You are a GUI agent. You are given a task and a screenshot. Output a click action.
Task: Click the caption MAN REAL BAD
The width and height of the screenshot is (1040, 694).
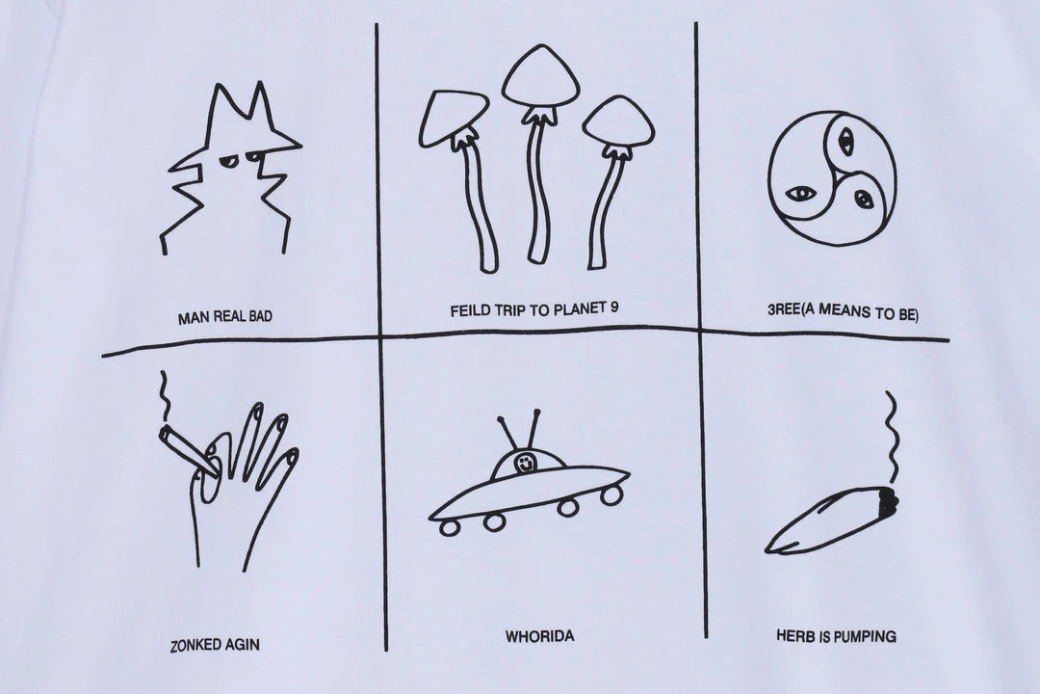click(x=224, y=317)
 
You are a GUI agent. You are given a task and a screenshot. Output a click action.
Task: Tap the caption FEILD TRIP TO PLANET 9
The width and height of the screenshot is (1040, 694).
click(x=533, y=309)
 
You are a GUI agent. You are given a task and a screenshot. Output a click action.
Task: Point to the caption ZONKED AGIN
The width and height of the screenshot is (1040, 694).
click(x=215, y=644)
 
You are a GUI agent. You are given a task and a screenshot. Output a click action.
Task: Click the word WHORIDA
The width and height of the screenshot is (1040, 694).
click(x=539, y=637)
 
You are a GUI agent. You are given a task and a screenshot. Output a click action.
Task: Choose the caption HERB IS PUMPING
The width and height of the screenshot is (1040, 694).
click(x=836, y=636)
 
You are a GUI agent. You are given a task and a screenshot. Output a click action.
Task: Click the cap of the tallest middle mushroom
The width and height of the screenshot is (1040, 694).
click(x=540, y=76)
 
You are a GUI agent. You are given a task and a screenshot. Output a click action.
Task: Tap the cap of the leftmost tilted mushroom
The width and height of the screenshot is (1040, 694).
click(x=453, y=118)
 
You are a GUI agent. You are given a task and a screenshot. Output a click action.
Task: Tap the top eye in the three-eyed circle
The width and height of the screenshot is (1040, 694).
click(x=845, y=140)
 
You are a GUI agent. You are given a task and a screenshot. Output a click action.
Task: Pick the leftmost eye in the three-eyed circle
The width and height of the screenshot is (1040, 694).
click(x=799, y=194)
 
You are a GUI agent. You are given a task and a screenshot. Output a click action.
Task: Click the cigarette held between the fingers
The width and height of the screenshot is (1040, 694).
click(x=188, y=452)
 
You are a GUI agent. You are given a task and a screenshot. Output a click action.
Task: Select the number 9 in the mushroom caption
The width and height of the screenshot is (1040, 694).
click(x=613, y=307)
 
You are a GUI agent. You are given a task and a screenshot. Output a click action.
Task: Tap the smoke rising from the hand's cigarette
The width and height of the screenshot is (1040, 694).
click(x=164, y=397)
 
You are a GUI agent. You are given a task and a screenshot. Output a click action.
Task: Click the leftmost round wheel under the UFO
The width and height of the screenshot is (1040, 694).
click(x=450, y=528)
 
